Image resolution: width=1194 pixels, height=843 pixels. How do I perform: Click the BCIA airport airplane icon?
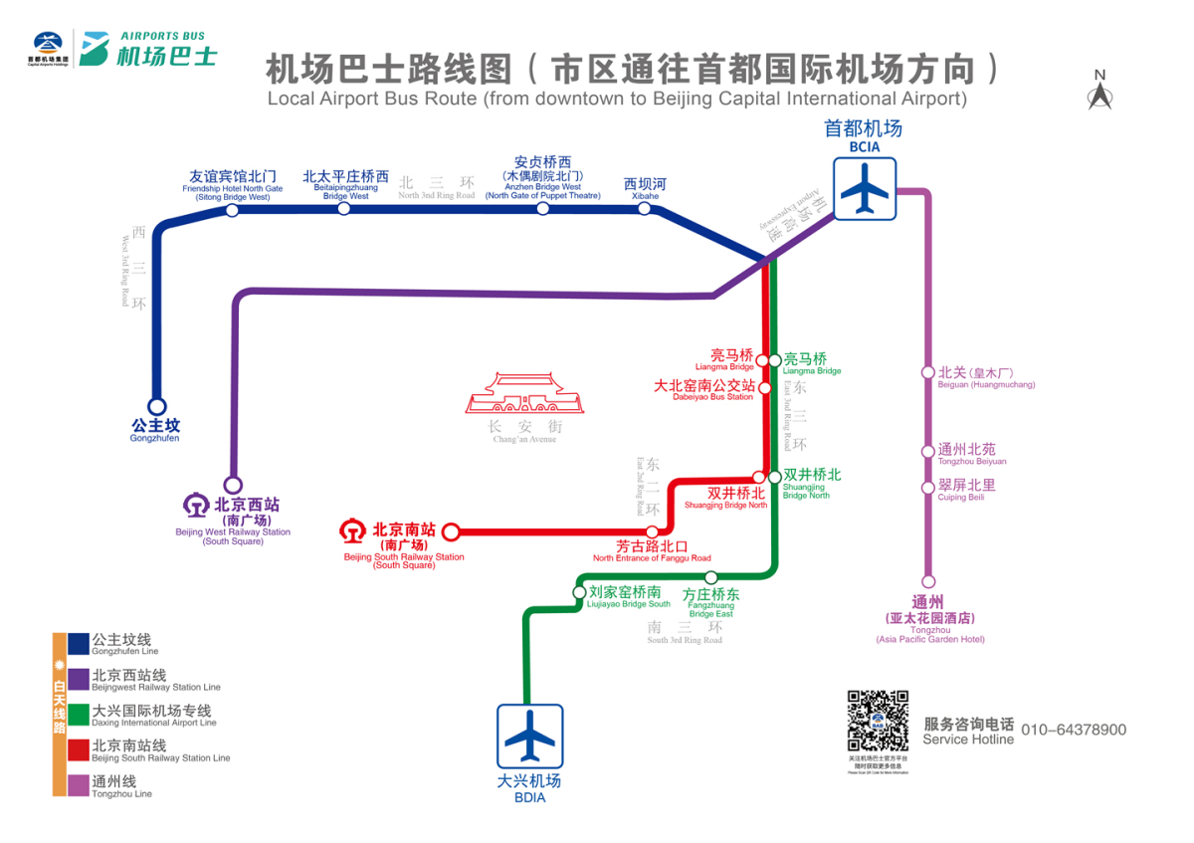pos(865,188)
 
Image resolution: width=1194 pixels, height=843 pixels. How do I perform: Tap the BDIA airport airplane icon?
pos(530,737)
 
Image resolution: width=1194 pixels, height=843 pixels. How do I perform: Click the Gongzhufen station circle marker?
pos(156,406)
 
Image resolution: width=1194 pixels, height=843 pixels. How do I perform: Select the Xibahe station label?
pos(645,188)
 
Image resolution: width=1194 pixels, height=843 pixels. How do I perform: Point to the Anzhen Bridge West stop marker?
pos(543,208)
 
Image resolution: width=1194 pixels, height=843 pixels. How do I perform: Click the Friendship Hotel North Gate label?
pos(233,183)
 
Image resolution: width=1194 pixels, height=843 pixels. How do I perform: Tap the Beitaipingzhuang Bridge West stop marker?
pos(344,208)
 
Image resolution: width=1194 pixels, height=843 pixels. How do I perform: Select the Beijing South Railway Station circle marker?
pos(450,531)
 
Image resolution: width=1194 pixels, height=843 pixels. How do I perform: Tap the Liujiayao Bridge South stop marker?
pos(580,591)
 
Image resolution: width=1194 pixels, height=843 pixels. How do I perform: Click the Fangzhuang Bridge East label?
pos(710,601)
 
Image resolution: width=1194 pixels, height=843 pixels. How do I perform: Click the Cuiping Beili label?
pos(966,490)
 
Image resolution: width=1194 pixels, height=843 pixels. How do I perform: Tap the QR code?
pos(878,721)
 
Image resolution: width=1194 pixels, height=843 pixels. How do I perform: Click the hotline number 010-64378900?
pos(1073,730)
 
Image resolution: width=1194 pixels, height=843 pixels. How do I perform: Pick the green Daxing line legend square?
pos(79,716)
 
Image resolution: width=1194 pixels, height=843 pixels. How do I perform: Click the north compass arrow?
pos(1099,96)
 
